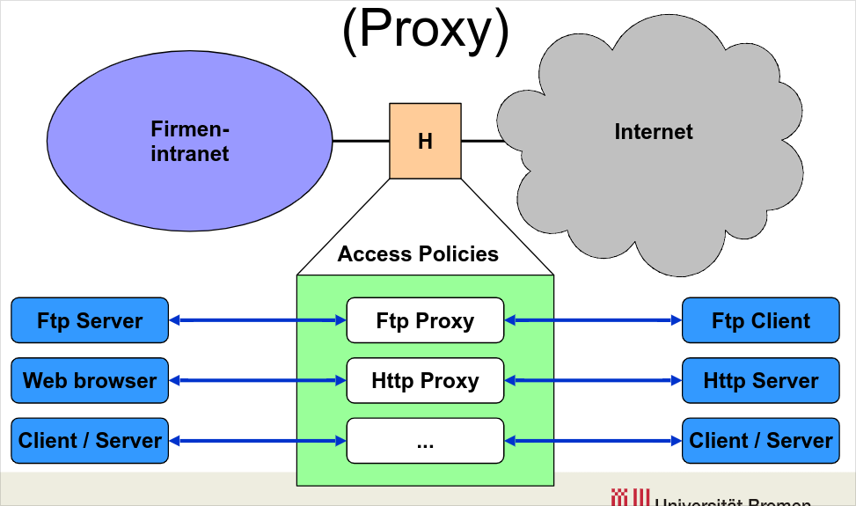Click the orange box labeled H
coord(425,141)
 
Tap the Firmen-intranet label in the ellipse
coord(190,142)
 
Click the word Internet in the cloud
coord(653,132)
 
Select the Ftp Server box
coord(89,320)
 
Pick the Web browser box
coord(89,381)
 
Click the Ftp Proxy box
coord(425,320)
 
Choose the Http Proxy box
coord(425,381)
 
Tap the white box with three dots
coord(425,441)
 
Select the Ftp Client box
coord(760,320)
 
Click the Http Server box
coord(760,381)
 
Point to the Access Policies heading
coord(418,254)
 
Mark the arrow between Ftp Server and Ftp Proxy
coord(257,320)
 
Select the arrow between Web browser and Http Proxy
coord(257,381)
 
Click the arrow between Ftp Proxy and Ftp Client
coord(593,320)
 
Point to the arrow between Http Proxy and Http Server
coord(593,381)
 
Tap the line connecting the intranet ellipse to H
coord(361,141)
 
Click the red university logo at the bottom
coord(630,498)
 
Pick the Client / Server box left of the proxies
coord(89,441)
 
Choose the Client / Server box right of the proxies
coord(760,441)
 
